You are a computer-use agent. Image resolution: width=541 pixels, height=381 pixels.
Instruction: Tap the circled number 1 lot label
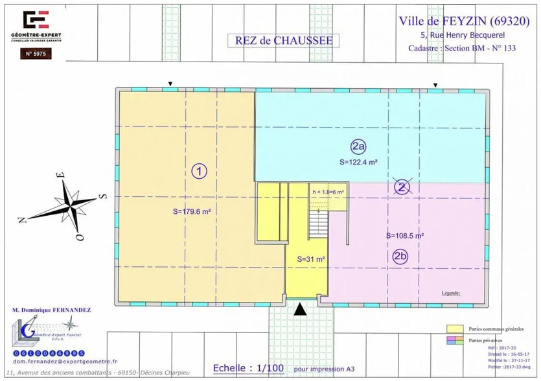coord(200,171)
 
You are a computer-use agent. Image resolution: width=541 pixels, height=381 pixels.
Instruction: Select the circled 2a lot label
coord(358,146)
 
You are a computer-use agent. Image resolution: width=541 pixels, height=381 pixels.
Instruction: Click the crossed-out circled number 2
coord(403,188)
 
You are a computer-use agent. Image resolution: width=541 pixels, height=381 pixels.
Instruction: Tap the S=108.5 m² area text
coord(405,236)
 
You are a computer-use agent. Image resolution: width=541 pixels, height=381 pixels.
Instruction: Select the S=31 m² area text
coord(310,259)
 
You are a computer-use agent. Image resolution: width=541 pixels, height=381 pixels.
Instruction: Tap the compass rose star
coord(70,205)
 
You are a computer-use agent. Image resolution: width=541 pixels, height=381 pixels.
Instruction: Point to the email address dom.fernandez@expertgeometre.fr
coord(60,361)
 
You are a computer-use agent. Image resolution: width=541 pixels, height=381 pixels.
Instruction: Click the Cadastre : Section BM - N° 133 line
coord(462,49)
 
